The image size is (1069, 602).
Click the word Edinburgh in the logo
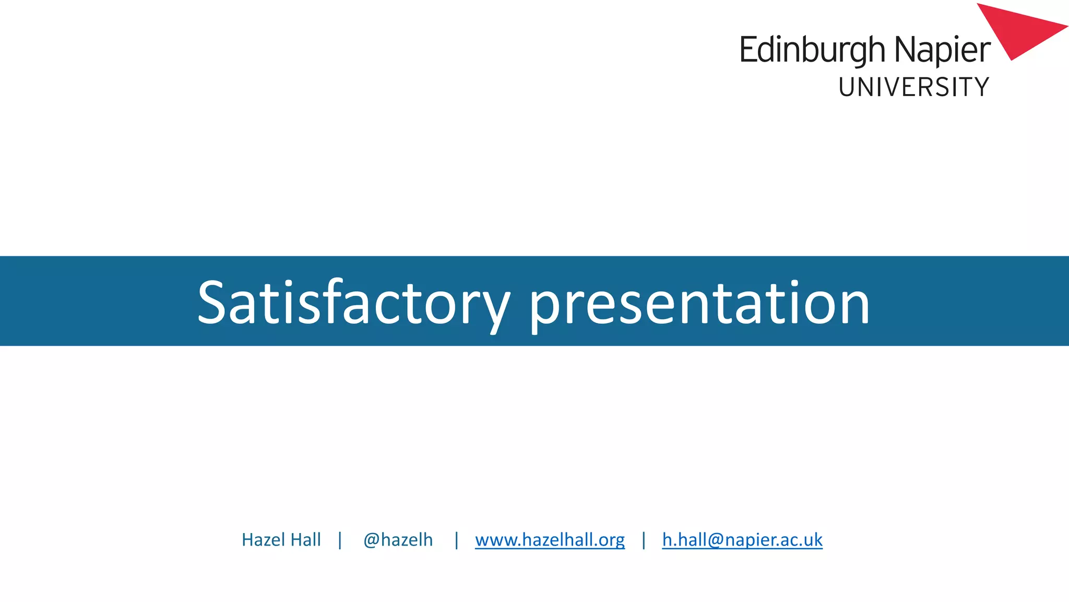click(x=812, y=50)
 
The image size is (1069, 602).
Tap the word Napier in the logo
click(x=942, y=50)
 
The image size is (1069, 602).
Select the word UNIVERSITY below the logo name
click(x=913, y=87)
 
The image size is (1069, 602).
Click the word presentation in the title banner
click(x=699, y=303)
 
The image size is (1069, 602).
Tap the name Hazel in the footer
click(x=263, y=540)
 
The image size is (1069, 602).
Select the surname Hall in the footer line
click(x=305, y=540)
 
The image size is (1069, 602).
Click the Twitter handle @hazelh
click(x=398, y=540)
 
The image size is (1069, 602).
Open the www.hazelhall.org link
click(x=550, y=540)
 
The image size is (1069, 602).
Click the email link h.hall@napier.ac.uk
click(x=742, y=540)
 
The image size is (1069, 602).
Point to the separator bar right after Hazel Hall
click(x=340, y=540)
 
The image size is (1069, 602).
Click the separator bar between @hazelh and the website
click(x=457, y=540)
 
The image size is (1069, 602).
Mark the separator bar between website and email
click(x=644, y=540)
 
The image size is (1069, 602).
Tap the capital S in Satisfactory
click(x=211, y=303)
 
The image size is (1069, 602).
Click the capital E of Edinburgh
click(x=747, y=50)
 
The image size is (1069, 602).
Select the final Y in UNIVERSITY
click(x=981, y=87)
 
